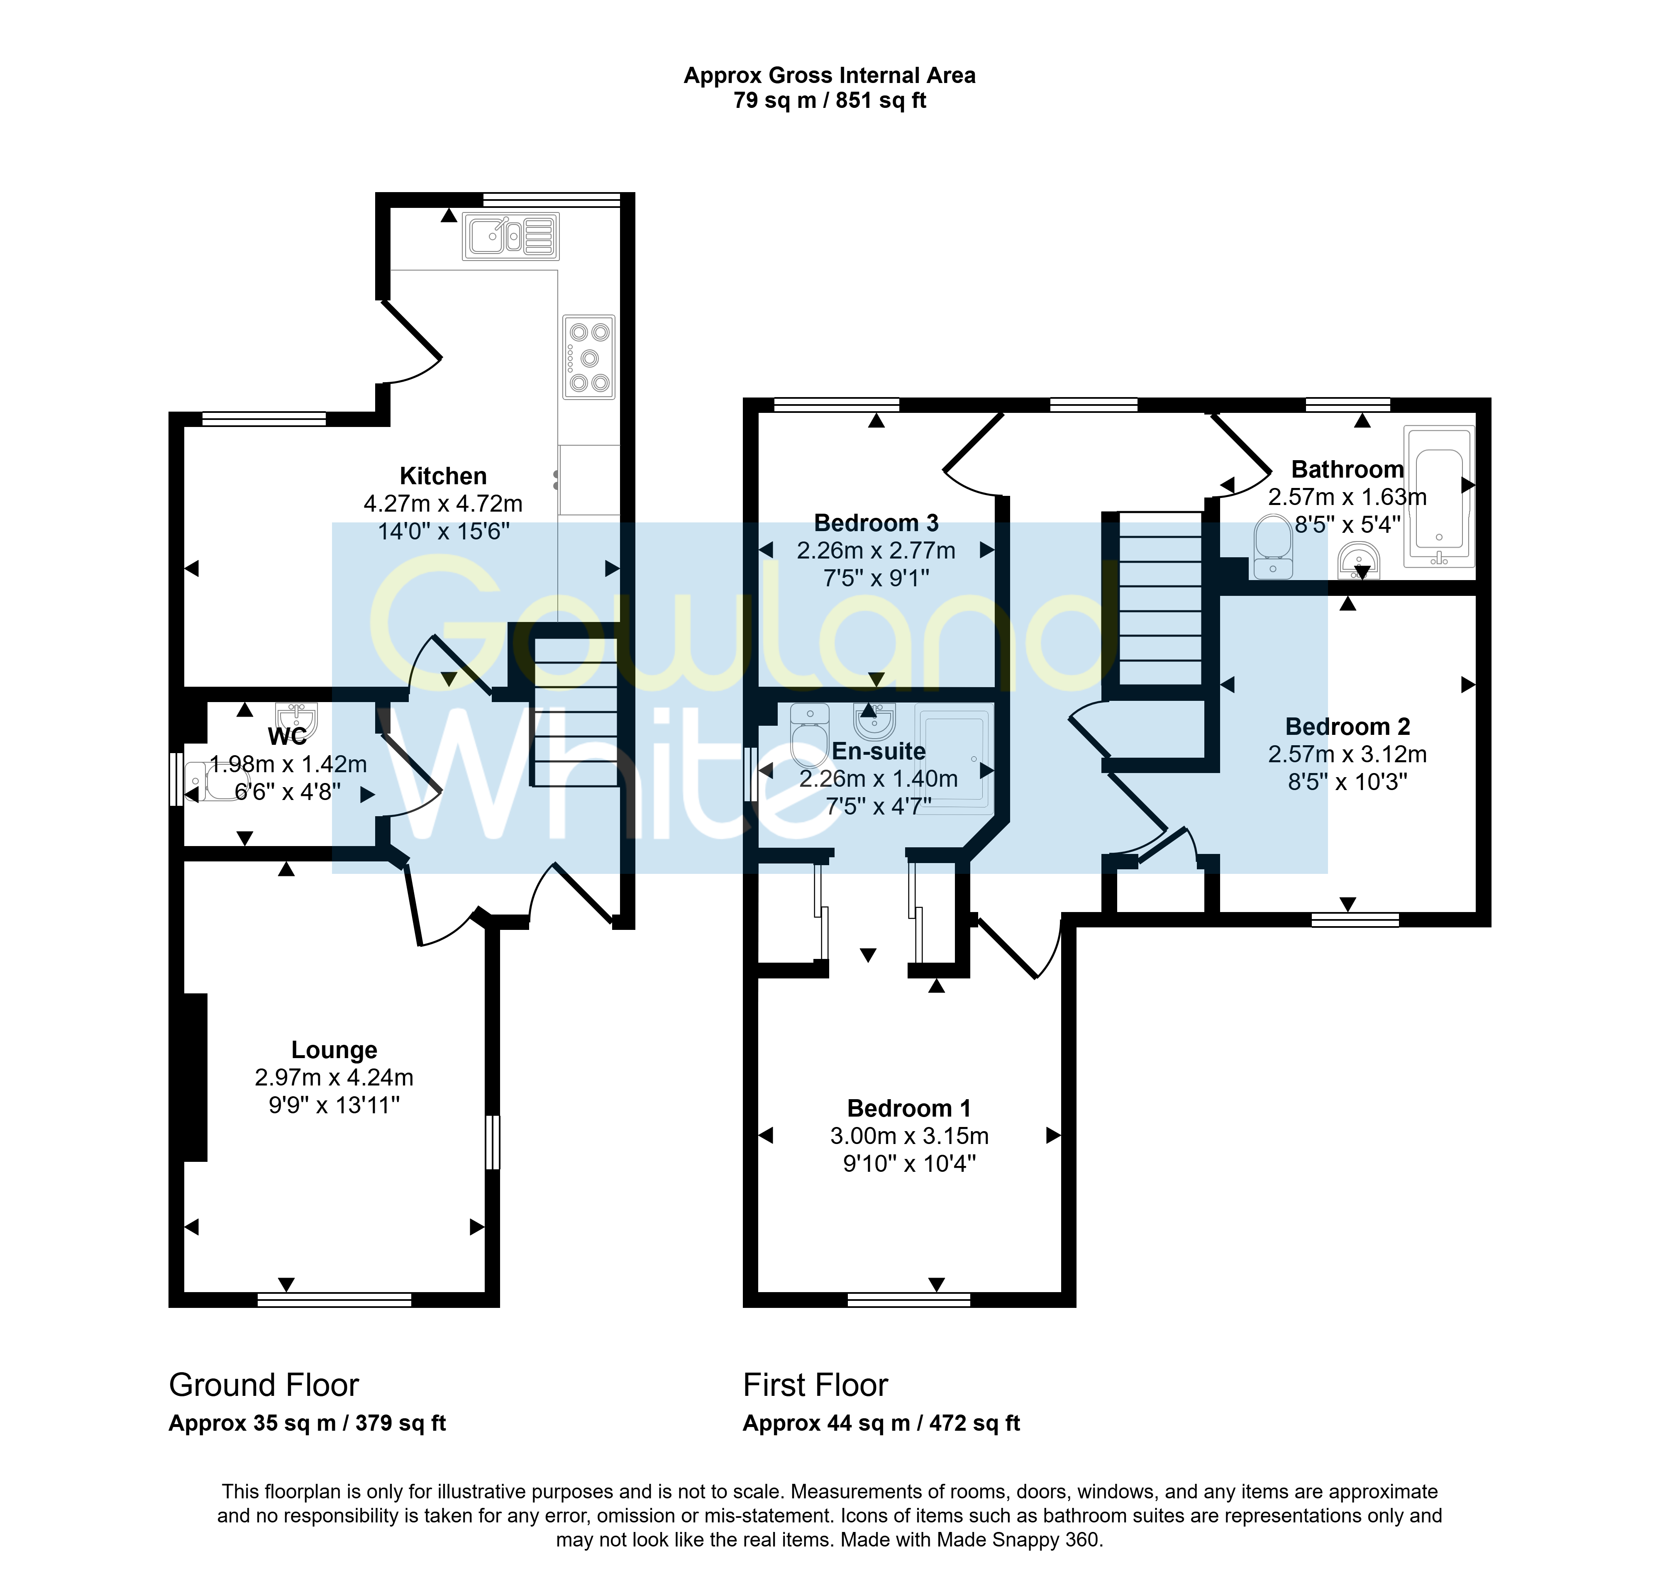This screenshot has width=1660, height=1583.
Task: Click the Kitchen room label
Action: [443, 476]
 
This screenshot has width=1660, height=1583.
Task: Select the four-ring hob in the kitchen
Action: [589, 357]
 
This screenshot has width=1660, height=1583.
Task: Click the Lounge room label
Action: [334, 1050]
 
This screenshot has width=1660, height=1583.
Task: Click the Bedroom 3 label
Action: [876, 523]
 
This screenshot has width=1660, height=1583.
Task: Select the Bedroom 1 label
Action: [909, 1108]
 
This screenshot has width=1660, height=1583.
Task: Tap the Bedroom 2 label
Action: [1347, 727]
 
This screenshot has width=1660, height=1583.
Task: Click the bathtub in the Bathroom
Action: [1439, 495]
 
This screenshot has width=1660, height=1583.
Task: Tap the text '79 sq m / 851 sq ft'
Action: [830, 100]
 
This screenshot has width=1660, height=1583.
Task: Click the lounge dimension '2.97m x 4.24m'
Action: [334, 1078]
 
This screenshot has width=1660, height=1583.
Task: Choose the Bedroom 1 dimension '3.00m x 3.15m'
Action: [909, 1136]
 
